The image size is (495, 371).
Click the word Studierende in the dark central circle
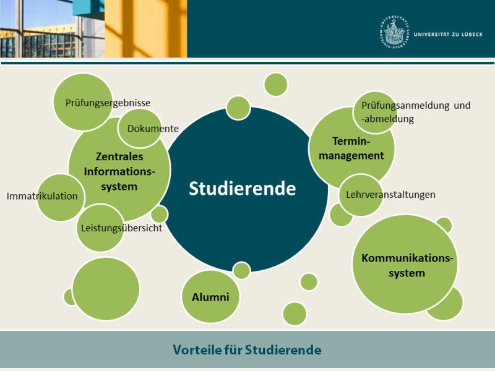pyautogui.click(x=242, y=189)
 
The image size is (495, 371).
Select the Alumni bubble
pyautogui.click(x=210, y=297)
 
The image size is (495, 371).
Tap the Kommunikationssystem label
pyautogui.click(x=407, y=265)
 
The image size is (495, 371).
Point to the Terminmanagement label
pyautogui.click(x=351, y=148)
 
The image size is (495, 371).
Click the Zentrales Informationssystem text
pyautogui.click(x=119, y=171)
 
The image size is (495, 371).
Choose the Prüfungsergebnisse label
pyautogui.click(x=108, y=103)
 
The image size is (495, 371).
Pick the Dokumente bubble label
pyautogui.click(x=153, y=129)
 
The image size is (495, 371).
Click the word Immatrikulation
pyautogui.click(x=42, y=196)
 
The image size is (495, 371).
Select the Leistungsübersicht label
pyautogui.click(x=121, y=228)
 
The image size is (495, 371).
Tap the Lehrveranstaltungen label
pyautogui.click(x=390, y=194)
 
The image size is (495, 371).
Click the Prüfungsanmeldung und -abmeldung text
pyautogui.click(x=416, y=112)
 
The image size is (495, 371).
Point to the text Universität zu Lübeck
pyautogui.click(x=448, y=35)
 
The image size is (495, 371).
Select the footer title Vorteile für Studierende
pyautogui.click(x=247, y=350)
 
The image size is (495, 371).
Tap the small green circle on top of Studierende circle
pyautogui.click(x=238, y=108)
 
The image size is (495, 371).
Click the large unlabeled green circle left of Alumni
pyautogui.click(x=106, y=289)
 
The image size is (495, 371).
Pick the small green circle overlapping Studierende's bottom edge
pyautogui.click(x=241, y=270)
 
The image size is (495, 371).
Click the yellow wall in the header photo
pyautogui.click(x=145, y=28)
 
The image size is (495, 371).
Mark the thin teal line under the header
pyautogui.click(x=247, y=63)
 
